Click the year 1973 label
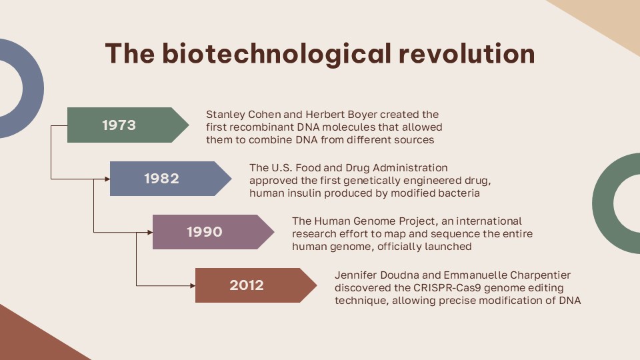coord(119,125)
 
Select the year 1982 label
coord(161,179)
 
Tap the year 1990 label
coord(204,232)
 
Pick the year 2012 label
coord(247,285)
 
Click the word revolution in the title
coord(467,53)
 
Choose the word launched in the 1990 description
coord(448,247)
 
